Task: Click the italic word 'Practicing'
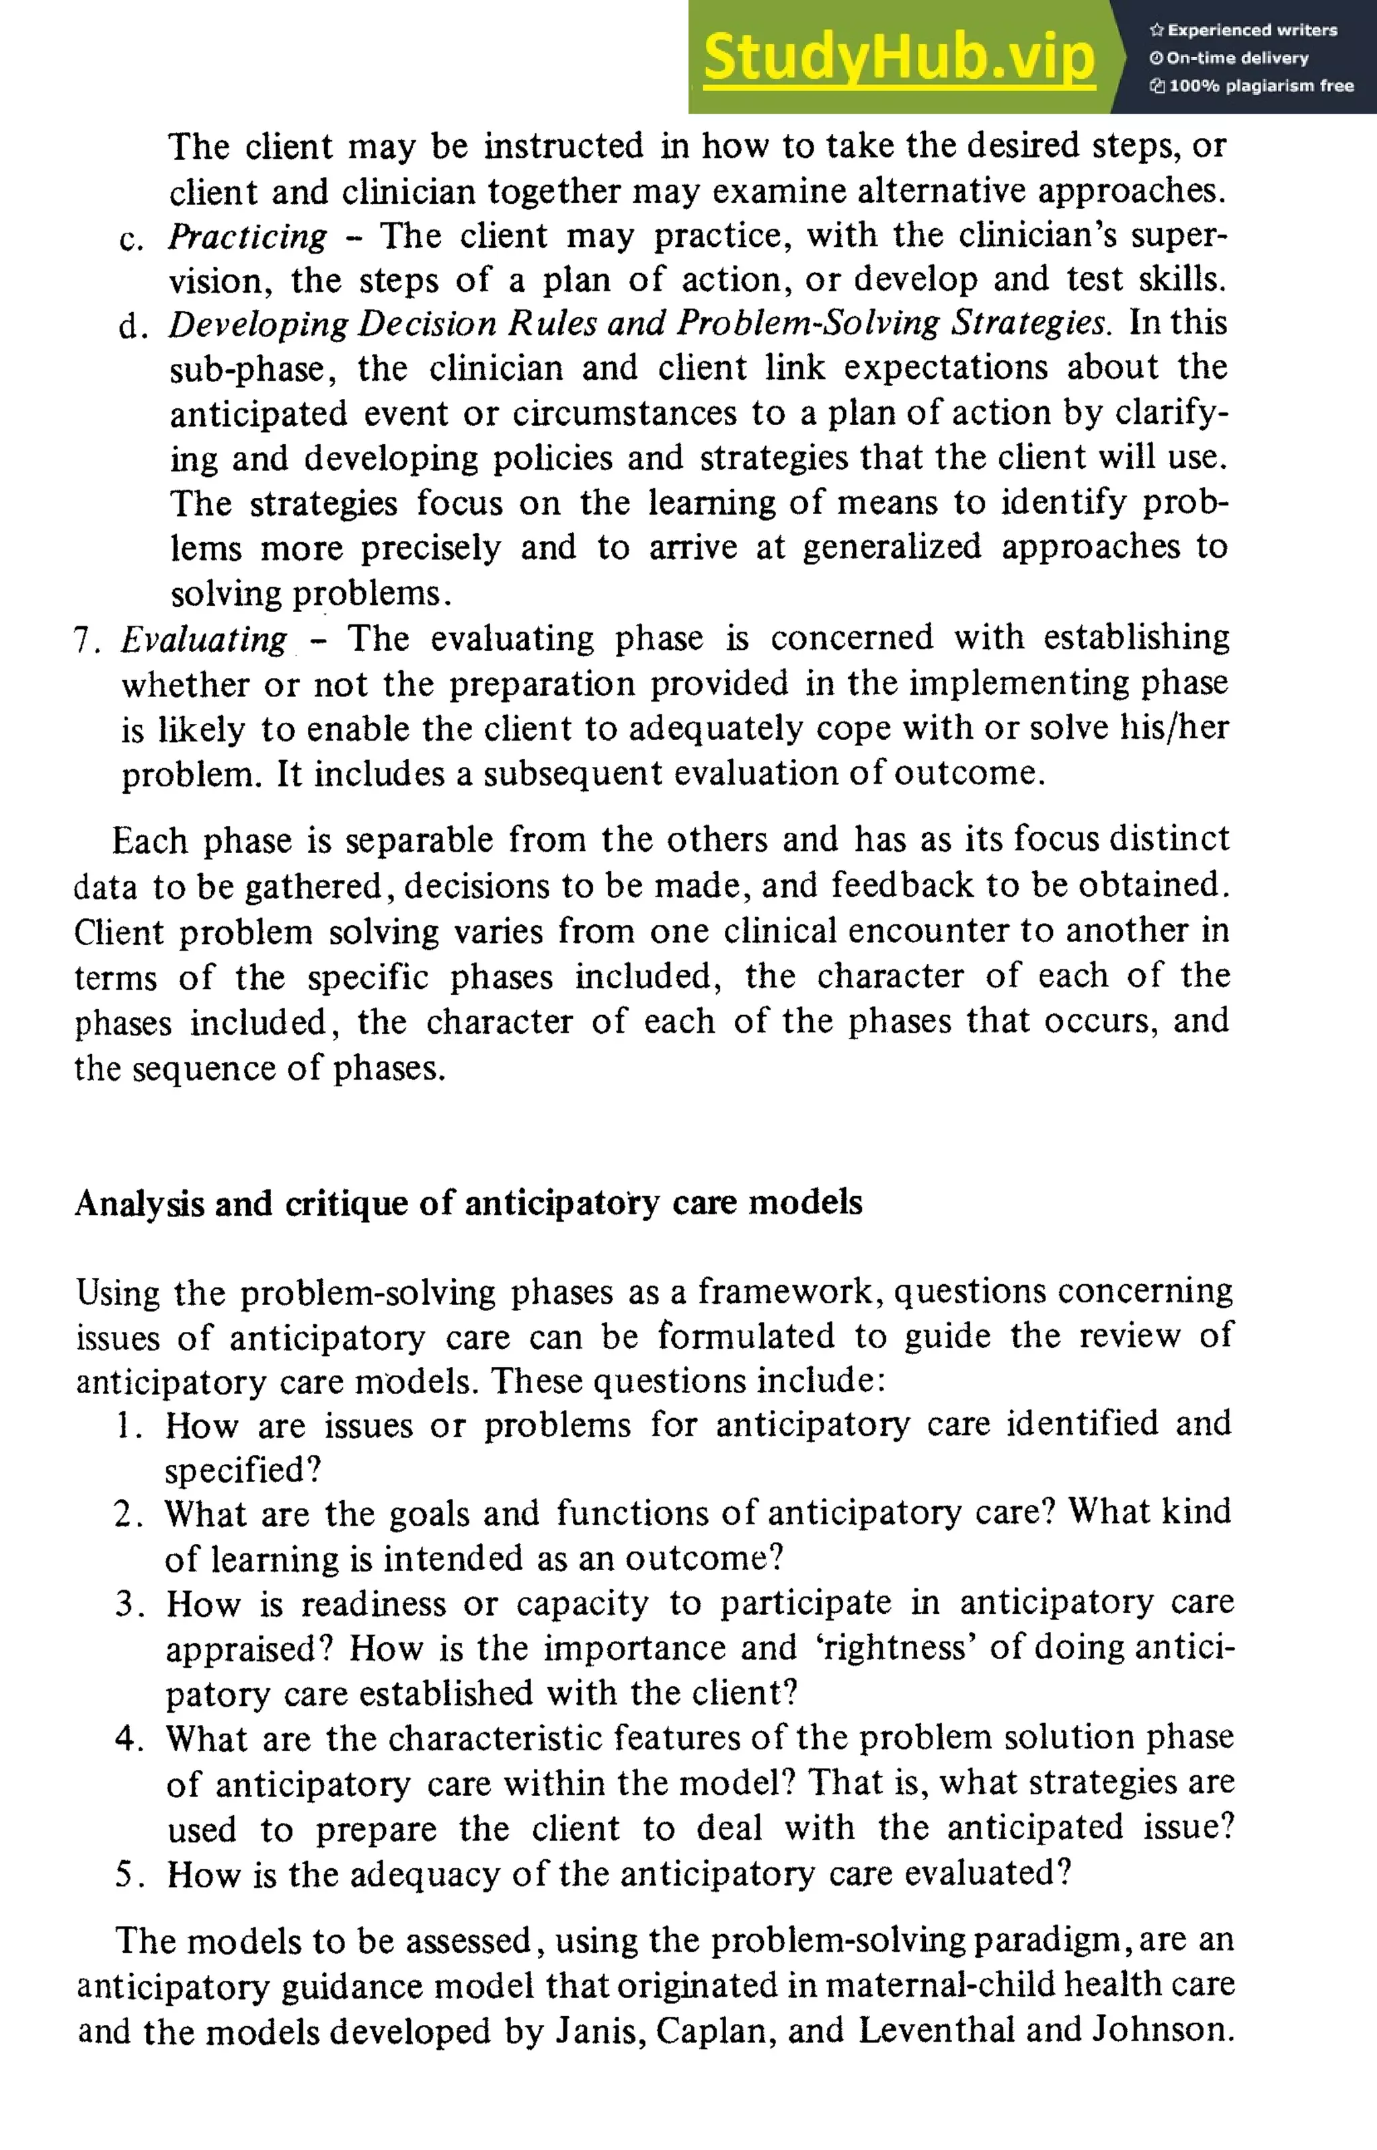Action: click(247, 236)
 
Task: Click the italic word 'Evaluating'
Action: click(204, 640)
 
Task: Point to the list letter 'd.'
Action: click(132, 326)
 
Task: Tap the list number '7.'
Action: click(87, 640)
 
